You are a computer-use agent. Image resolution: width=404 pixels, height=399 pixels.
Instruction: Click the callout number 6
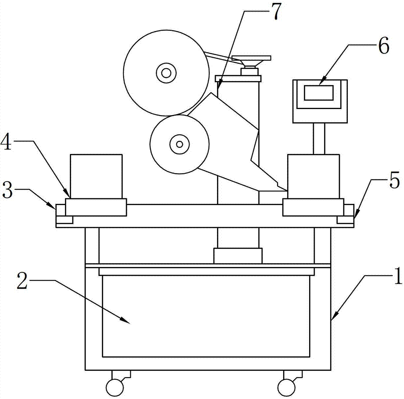(384, 46)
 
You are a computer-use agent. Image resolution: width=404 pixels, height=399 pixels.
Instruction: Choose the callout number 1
(397, 276)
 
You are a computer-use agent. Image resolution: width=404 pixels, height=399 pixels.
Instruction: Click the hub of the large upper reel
(166, 73)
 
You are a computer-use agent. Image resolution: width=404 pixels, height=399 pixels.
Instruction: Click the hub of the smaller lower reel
(180, 144)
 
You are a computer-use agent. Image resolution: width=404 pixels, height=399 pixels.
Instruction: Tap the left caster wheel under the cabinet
(114, 387)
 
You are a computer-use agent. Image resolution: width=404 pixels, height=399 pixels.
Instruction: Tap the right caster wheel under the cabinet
(286, 387)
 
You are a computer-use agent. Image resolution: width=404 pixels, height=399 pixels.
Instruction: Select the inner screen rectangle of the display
(319, 93)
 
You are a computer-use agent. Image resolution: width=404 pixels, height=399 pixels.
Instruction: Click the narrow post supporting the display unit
(319, 139)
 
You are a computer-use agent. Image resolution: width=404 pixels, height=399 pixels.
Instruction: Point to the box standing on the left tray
(96, 176)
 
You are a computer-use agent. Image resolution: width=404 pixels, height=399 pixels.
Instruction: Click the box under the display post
(314, 176)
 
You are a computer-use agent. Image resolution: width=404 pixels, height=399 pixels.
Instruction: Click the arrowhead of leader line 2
(126, 320)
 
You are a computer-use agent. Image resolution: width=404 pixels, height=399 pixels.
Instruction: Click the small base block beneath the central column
(238, 256)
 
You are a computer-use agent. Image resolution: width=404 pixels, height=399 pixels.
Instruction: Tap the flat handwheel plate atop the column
(251, 58)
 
